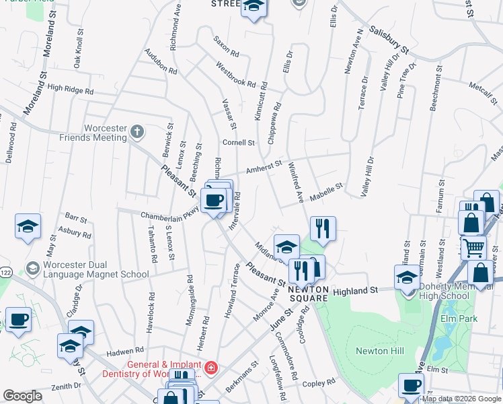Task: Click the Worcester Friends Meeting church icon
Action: tap(137, 131)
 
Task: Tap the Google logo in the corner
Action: tap(22, 396)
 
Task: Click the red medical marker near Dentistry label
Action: tap(210, 368)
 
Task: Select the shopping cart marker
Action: tap(474, 248)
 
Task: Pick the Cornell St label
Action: tap(239, 143)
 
